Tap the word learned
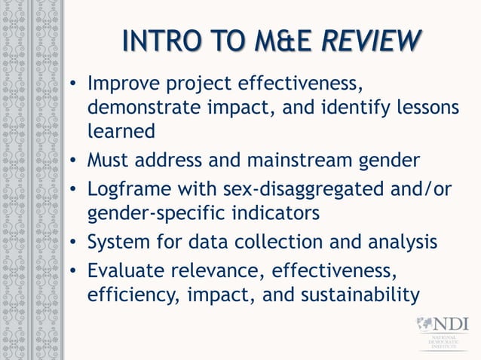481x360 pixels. (121, 131)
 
